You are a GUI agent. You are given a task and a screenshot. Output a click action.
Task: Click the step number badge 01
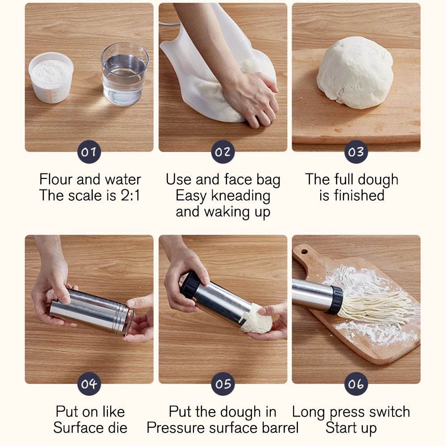[x=89, y=152]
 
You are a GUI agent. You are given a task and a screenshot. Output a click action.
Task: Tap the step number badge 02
[x=223, y=152]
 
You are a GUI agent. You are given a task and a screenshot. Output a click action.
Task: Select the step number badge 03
[x=356, y=152]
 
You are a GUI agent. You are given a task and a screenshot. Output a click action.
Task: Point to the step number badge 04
[x=89, y=384]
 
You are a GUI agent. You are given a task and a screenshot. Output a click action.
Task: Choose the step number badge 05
[x=223, y=384]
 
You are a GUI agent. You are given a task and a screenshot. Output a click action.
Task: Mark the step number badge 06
[x=356, y=384]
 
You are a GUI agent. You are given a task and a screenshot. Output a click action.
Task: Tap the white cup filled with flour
[x=51, y=77]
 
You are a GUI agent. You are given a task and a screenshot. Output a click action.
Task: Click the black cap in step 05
[x=190, y=284]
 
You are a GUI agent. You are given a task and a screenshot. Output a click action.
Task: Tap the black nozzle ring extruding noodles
[x=335, y=300]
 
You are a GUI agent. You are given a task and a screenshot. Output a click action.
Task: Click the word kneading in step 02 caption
[x=235, y=195]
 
